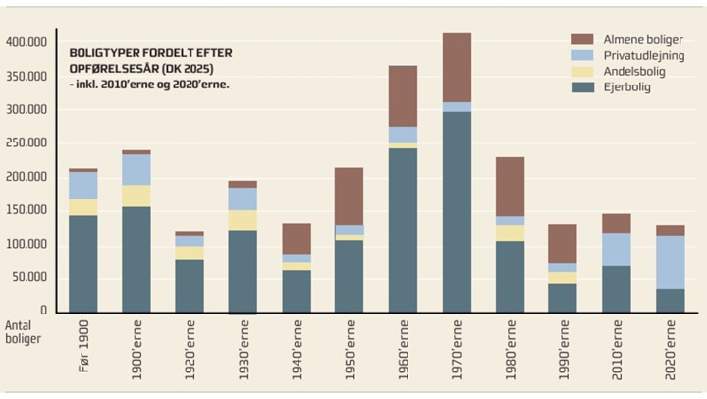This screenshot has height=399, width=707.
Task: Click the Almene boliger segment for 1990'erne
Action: [564, 244]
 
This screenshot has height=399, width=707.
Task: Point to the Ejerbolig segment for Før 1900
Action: [82, 262]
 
